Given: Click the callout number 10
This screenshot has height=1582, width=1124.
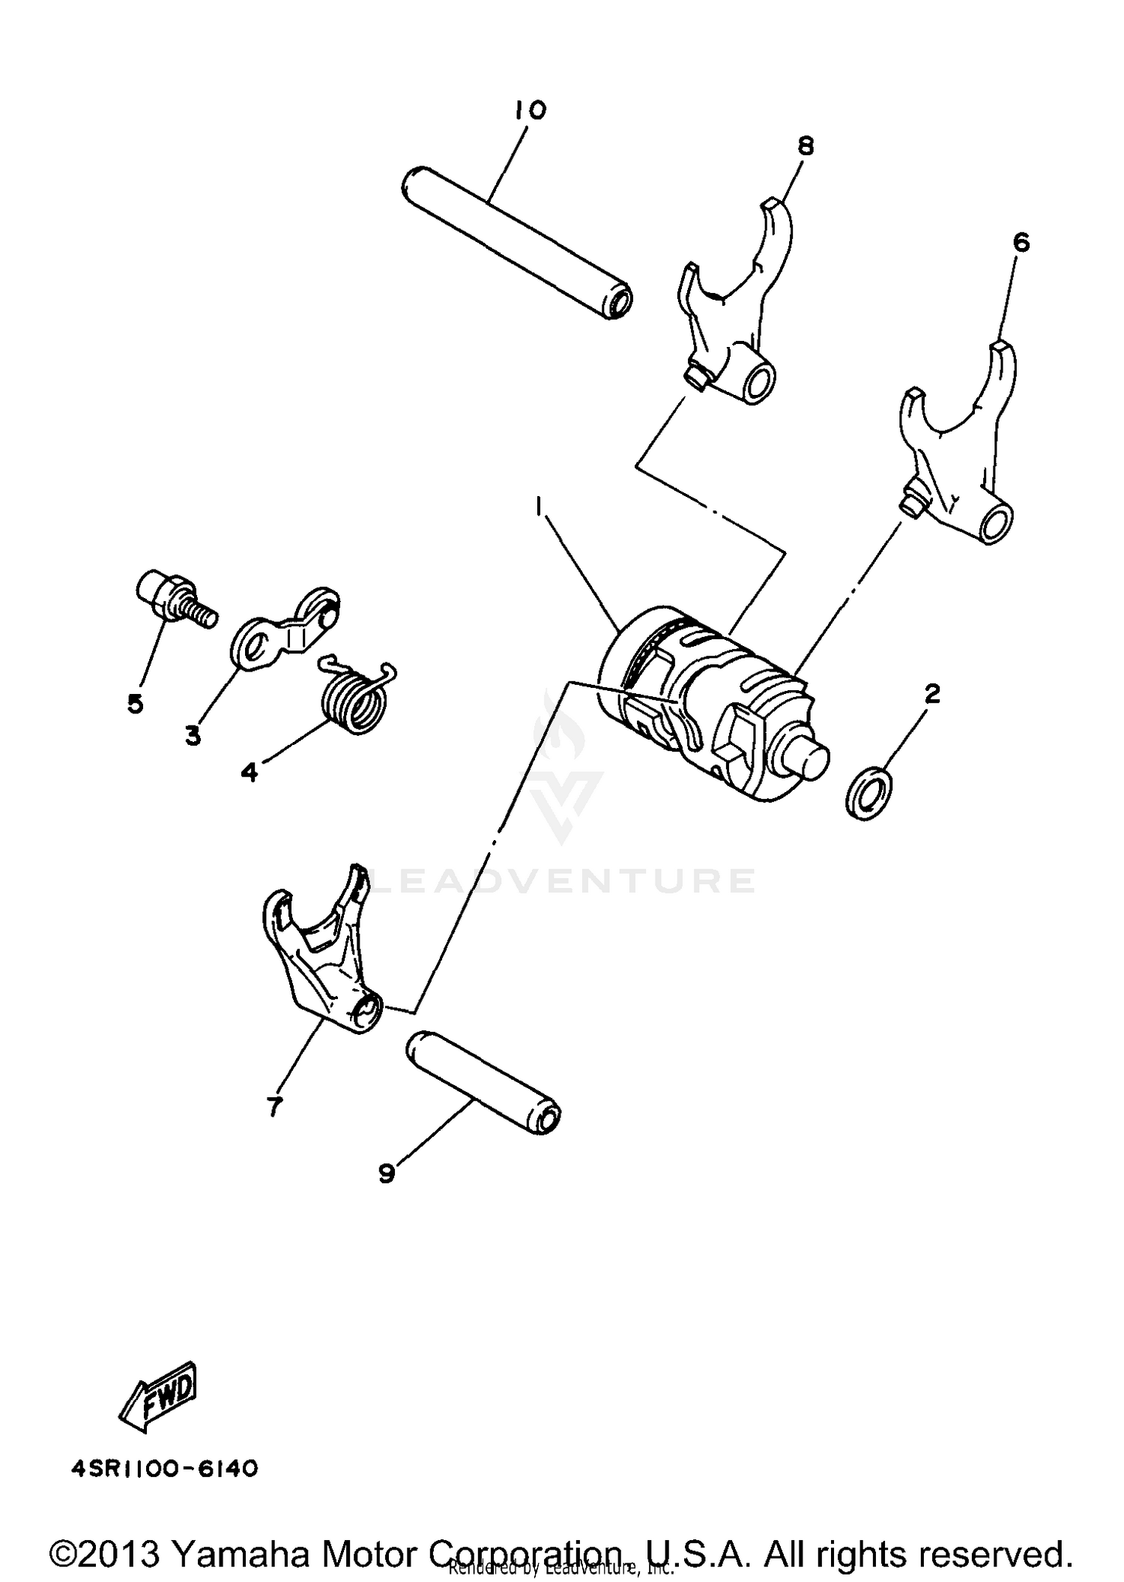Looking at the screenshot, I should [531, 110].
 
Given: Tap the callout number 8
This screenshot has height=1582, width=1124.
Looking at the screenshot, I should [806, 145].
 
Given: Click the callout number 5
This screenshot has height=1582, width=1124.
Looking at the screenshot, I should [136, 704].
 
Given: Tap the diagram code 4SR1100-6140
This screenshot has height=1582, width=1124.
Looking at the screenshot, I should [165, 1469].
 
